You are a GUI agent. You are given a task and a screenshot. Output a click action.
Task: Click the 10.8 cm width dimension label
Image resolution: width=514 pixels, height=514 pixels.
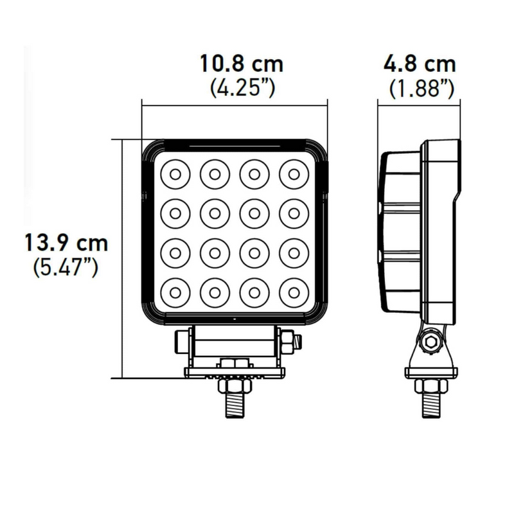click(241, 65)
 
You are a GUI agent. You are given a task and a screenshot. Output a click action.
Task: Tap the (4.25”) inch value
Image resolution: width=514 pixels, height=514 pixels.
click(242, 89)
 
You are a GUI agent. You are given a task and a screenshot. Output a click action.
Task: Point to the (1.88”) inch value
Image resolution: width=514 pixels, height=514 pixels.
click(421, 89)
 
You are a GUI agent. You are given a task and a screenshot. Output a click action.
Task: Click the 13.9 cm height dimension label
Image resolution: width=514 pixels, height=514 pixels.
click(66, 244)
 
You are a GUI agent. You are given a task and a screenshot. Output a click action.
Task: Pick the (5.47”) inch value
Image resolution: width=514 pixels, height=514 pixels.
click(66, 267)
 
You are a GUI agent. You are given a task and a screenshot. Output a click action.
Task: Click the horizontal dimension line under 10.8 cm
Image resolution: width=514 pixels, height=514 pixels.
click(235, 106)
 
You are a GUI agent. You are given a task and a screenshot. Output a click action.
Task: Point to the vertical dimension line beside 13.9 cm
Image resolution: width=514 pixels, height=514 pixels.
click(121, 257)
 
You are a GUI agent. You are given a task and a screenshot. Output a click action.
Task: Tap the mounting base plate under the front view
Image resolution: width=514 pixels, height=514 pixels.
click(235, 371)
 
